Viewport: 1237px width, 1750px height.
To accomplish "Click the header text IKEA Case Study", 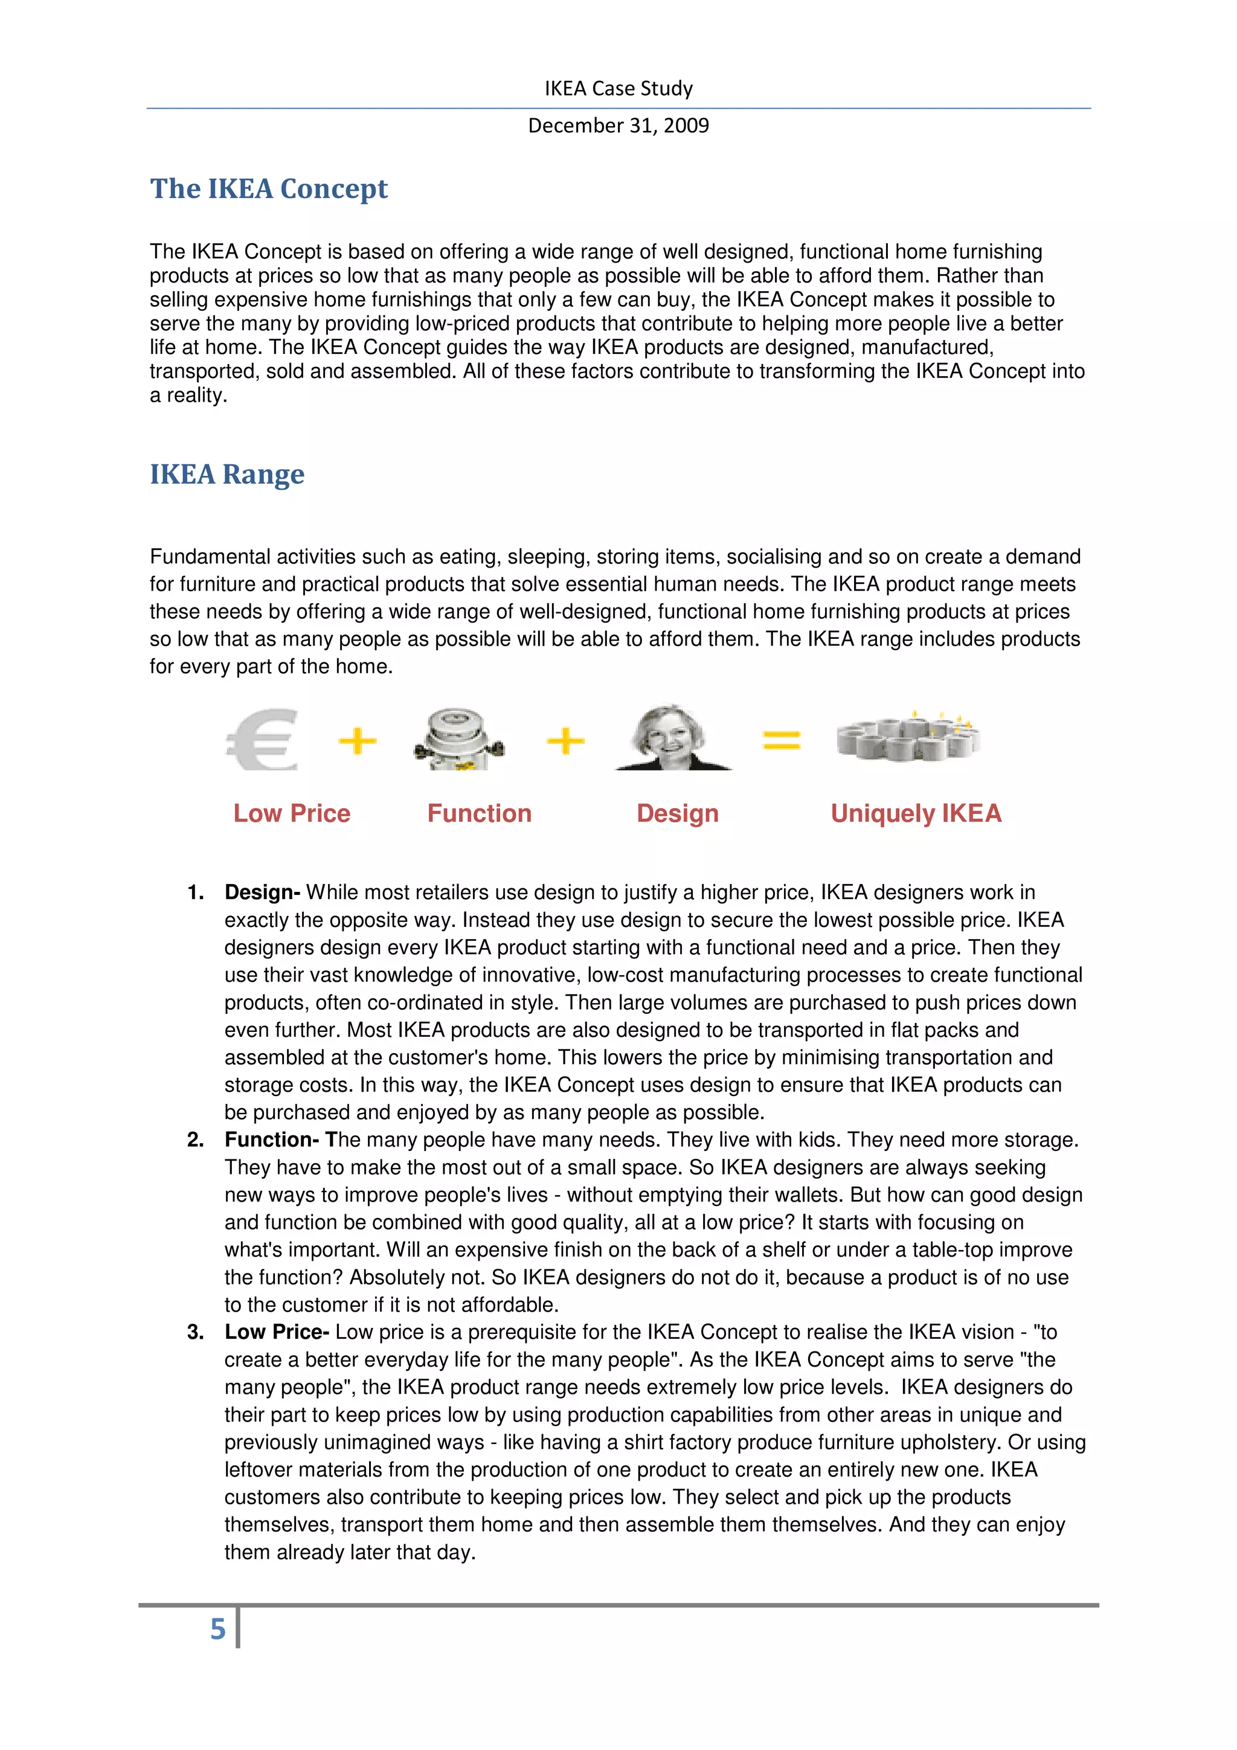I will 618,88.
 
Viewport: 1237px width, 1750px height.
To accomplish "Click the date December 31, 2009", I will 618,125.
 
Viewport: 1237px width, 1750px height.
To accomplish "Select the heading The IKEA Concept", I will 268,188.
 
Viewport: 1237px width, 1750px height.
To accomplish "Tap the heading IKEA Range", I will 227,474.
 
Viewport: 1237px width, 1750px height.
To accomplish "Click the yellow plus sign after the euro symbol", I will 357,740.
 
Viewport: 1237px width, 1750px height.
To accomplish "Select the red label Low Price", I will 291,813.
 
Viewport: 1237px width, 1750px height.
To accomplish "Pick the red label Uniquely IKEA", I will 915,813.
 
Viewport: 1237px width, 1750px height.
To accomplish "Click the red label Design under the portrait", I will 677,813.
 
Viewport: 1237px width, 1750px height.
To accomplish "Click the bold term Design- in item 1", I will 262,893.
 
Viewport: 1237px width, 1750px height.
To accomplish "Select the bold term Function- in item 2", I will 271,1139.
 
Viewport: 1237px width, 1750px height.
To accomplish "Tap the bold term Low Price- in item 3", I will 276,1332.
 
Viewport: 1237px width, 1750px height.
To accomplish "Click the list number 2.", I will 195,1139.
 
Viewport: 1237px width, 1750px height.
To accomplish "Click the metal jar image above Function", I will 459,738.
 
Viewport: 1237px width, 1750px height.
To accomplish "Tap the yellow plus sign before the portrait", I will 565,740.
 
